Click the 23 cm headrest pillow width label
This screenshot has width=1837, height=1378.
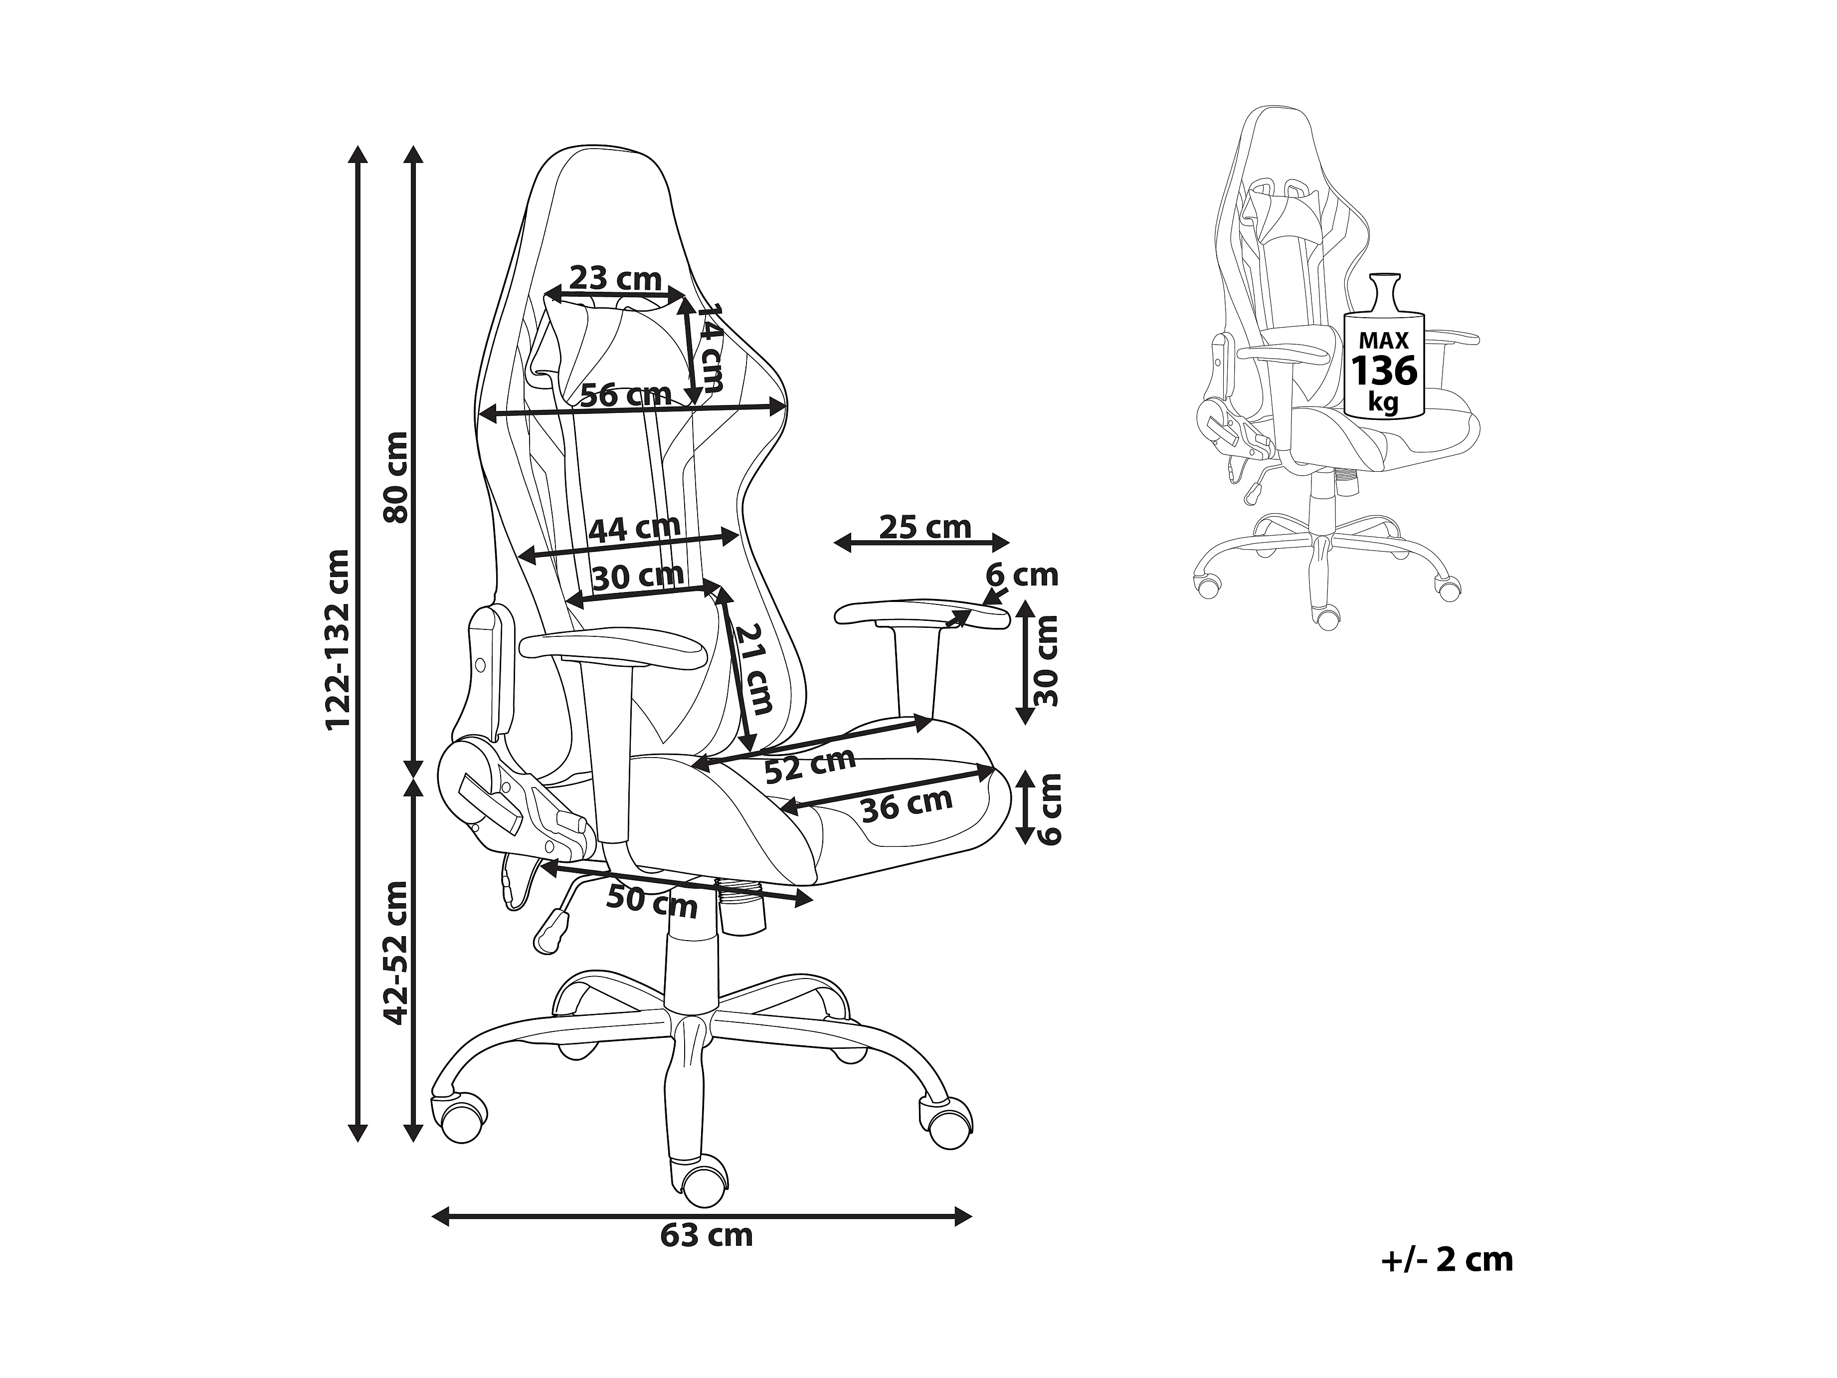[x=615, y=278]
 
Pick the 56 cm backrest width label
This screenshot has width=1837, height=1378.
[x=625, y=394]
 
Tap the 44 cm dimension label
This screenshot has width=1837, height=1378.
[x=634, y=528]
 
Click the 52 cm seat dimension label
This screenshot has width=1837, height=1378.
[x=810, y=765]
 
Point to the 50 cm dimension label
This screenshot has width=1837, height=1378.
[x=652, y=901]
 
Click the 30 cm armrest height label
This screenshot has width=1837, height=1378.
[x=1048, y=660]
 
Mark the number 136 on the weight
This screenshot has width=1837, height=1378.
[x=1384, y=371]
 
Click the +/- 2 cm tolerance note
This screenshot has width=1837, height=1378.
[x=1447, y=1283]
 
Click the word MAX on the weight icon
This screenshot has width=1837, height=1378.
[x=1384, y=341]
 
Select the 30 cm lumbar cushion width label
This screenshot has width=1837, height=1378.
[x=638, y=576]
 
